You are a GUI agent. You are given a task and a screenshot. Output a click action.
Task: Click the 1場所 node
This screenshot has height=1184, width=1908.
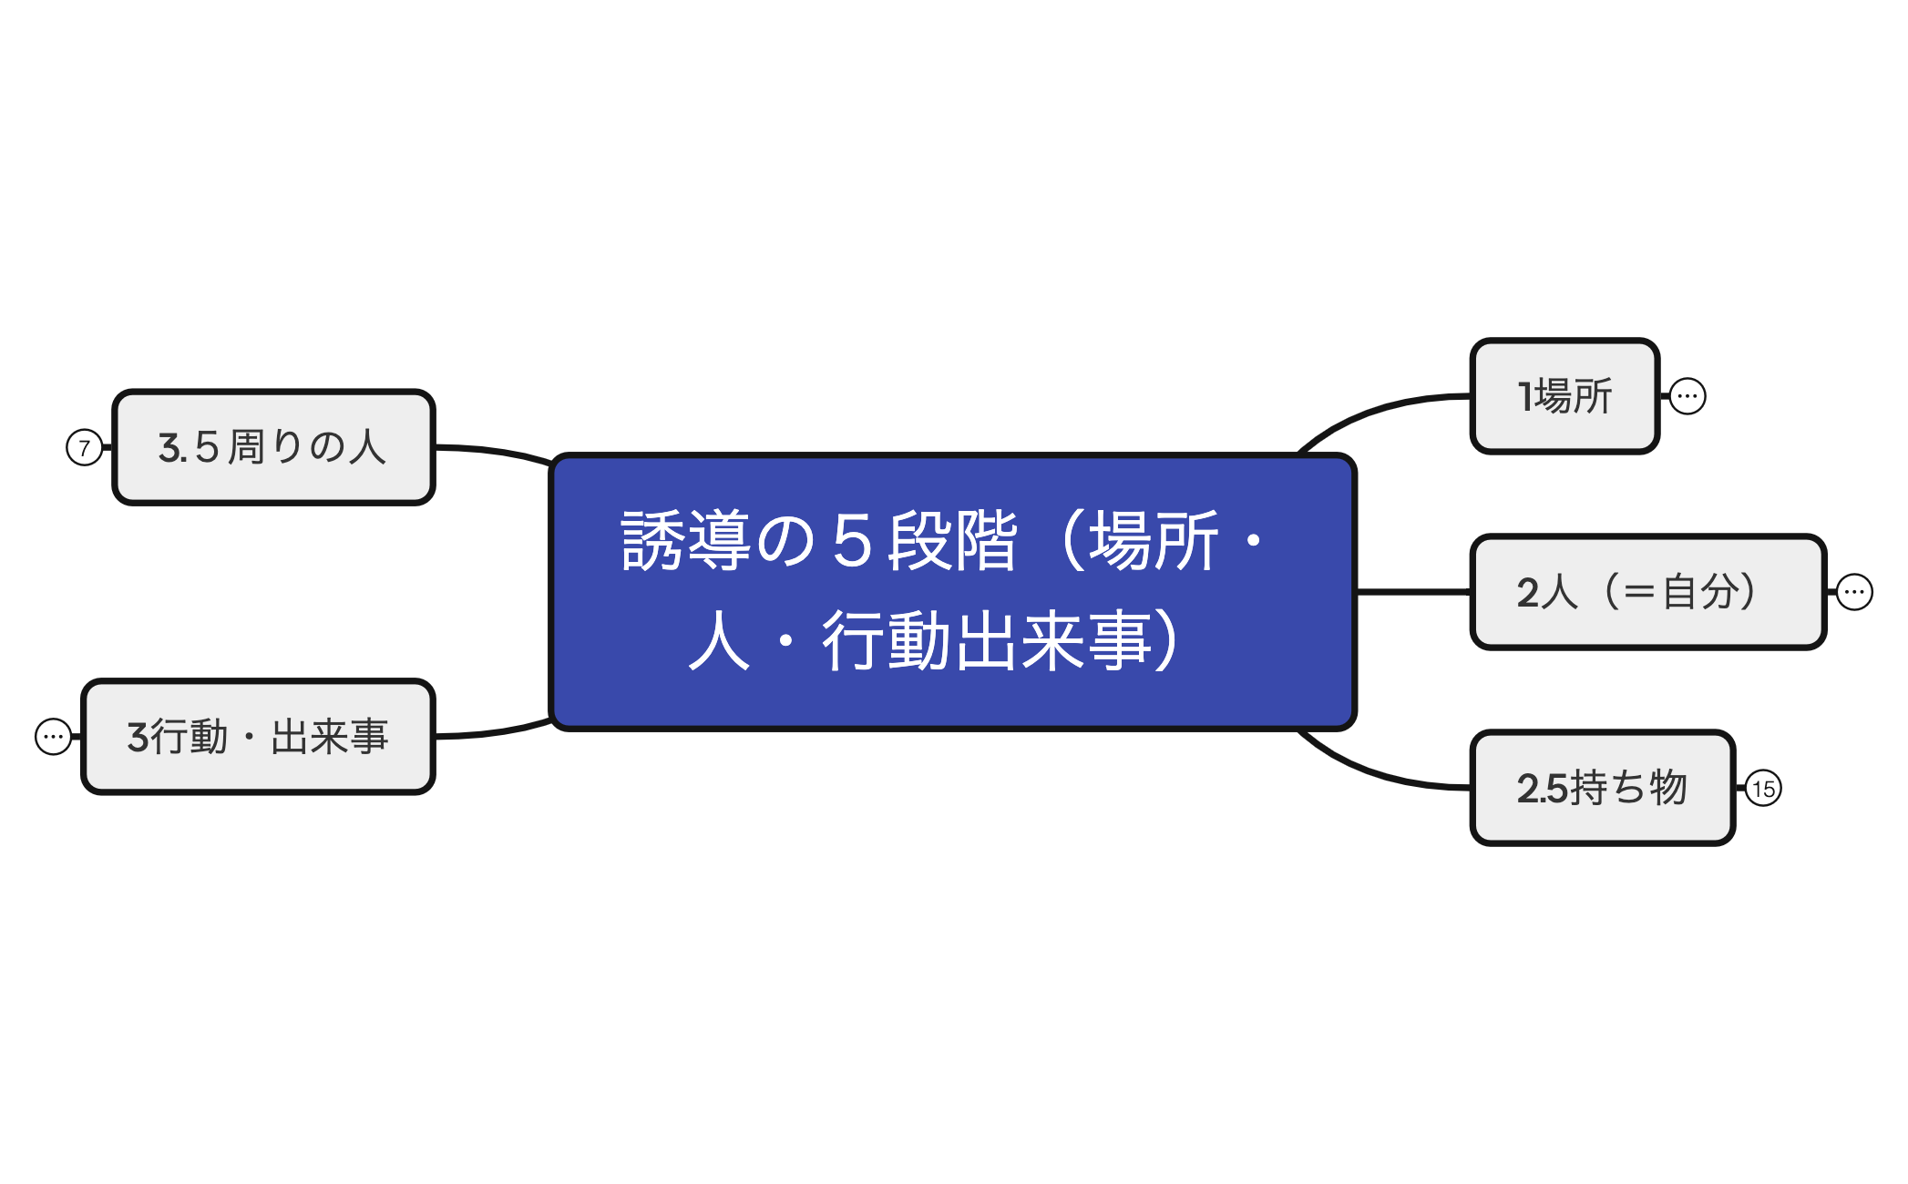1564,396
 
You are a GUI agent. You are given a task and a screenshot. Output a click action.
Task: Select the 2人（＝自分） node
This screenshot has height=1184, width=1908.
1647,592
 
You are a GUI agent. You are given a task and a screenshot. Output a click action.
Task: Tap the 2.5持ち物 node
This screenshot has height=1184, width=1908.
1602,788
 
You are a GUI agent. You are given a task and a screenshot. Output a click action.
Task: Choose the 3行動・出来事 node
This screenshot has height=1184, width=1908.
258,737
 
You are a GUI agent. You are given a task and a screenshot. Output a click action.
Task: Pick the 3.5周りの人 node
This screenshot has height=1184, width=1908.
272,447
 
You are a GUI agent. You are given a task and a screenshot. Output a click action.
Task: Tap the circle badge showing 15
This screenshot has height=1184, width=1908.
1763,789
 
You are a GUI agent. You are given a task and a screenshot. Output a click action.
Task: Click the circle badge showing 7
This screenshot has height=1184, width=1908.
84,447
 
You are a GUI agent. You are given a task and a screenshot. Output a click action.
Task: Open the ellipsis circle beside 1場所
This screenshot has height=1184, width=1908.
1687,396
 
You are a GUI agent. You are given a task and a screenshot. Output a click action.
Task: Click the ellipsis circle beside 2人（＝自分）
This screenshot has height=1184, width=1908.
1854,592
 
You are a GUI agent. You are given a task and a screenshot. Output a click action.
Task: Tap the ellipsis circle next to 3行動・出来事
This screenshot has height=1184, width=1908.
53,737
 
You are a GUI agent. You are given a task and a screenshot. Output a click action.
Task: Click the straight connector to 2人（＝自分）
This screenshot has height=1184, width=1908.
1412,592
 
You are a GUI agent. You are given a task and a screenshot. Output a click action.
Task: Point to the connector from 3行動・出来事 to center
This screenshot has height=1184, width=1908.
492,732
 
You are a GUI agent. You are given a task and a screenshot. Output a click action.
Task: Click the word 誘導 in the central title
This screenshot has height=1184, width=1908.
685,541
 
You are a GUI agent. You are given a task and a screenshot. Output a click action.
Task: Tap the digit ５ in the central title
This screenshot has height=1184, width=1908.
853,541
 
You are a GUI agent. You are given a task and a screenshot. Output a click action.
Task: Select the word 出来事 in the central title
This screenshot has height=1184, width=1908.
1053,641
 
